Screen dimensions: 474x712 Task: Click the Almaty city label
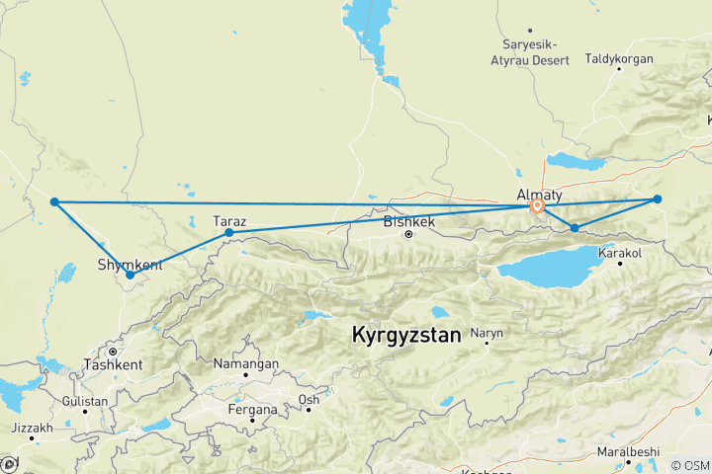(x=539, y=195)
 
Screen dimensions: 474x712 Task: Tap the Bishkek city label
(x=408, y=221)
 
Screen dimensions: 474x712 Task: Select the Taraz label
(x=230, y=221)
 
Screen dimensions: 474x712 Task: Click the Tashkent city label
(x=113, y=363)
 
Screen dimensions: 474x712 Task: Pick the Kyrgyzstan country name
(x=406, y=336)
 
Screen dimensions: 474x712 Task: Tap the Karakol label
(x=620, y=254)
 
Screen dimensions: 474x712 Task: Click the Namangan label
(x=246, y=363)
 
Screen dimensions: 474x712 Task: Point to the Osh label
(x=309, y=399)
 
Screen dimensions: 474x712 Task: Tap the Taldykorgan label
(x=619, y=59)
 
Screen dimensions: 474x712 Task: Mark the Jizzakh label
(x=31, y=428)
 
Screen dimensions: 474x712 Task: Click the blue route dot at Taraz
(x=229, y=233)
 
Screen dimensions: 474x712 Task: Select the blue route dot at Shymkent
(x=131, y=276)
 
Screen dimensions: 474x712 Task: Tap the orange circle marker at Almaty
(x=536, y=206)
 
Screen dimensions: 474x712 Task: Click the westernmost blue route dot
(x=54, y=201)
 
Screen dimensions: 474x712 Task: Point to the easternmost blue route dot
(x=657, y=199)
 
